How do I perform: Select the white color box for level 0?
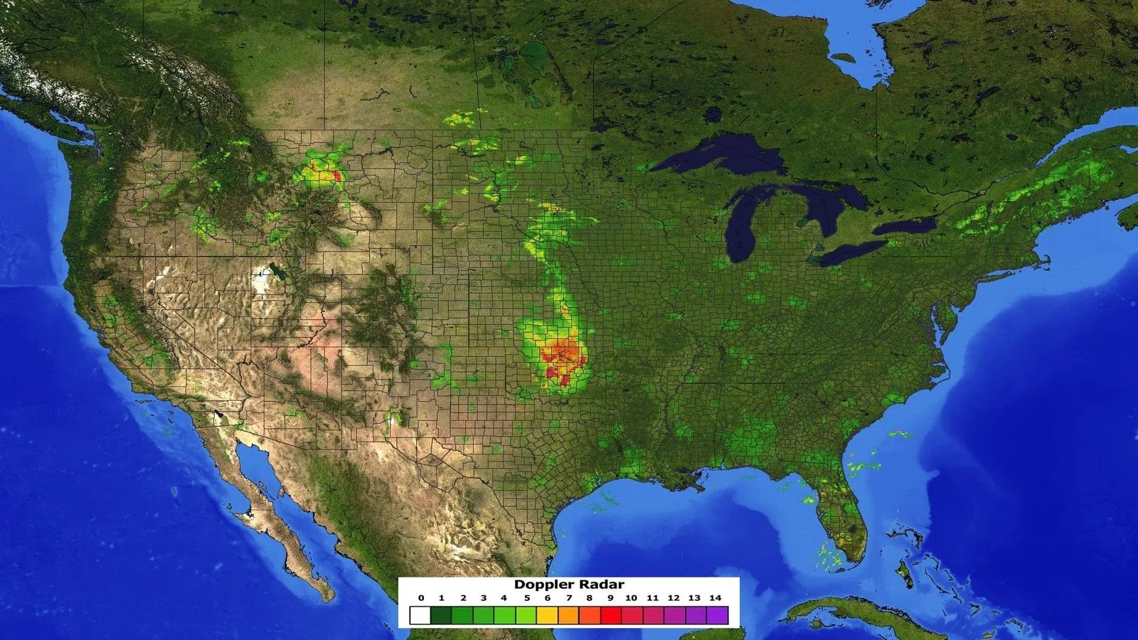pos(421,614)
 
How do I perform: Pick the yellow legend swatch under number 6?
pos(548,614)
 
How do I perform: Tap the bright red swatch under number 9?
pos(610,614)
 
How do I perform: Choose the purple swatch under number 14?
pos(717,614)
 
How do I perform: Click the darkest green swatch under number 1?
pos(442,614)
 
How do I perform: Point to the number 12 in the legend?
pos(674,598)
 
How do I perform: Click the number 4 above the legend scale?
pos(504,598)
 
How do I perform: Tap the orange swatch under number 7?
pos(568,614)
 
